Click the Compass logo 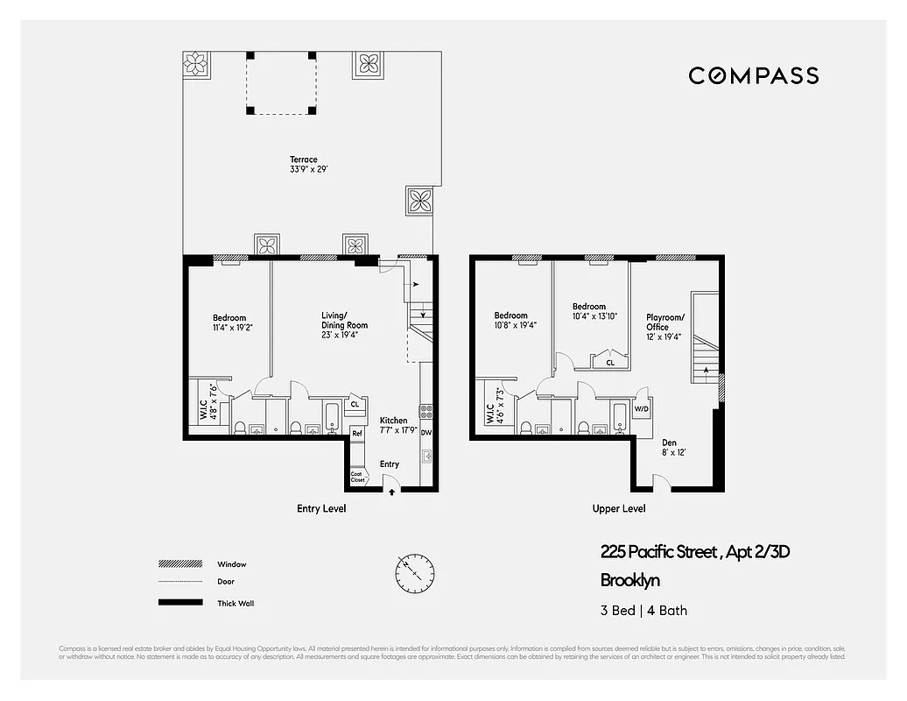coord(753,75)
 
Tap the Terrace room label coord(304,164)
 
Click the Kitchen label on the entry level coord(393,425)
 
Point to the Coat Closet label coord(357,477)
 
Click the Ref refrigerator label coord(357,434)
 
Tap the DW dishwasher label coord(425,433)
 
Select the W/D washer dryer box coord(641,409)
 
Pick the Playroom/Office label coord(664,322)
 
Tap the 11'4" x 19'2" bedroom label coord(229,322)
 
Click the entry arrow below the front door coord(391,492)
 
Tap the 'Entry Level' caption coord(322,509)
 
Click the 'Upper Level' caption coord(619,509)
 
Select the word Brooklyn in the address coord(629,580)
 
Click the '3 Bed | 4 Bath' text coord(637,611)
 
